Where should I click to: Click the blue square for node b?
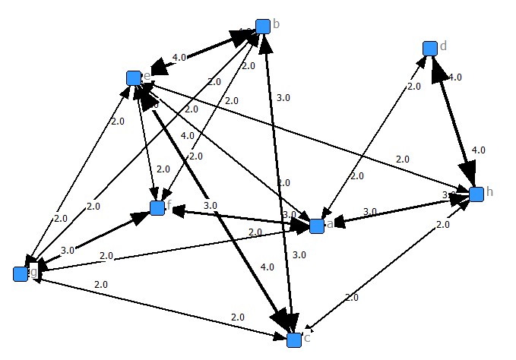[263, 27]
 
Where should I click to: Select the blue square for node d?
[429, 49]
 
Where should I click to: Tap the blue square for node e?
[134, 78]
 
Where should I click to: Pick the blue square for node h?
[476, 194]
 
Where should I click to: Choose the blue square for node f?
[157, 208]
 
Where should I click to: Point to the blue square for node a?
[317, 226]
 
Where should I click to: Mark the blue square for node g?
[21, 274]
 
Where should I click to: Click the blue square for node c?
[294, 340]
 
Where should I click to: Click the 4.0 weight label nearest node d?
[454, 77]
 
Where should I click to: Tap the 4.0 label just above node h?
[478, 150]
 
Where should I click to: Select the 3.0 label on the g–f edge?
[67, 249]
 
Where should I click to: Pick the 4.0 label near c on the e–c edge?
[267, 267]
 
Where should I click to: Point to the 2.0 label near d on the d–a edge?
[413, 87]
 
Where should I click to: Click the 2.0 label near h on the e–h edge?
[403, 159]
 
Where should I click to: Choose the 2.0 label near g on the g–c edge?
[101, 284]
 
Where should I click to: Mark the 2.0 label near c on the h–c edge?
[351, 298]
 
